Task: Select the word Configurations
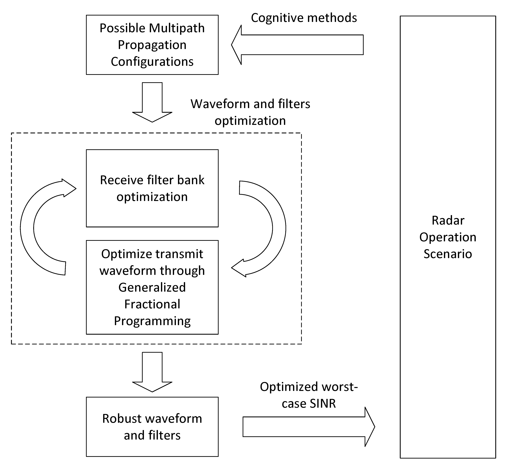(x=152, y=62)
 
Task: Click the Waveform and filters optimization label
(x=250, y=112)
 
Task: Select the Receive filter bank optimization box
(x=152, y=188)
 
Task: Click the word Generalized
(x=152, y=287)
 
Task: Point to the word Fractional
(x=152, y=304)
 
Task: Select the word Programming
(x=152, y=321)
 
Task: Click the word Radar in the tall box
(x=448, y=221)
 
